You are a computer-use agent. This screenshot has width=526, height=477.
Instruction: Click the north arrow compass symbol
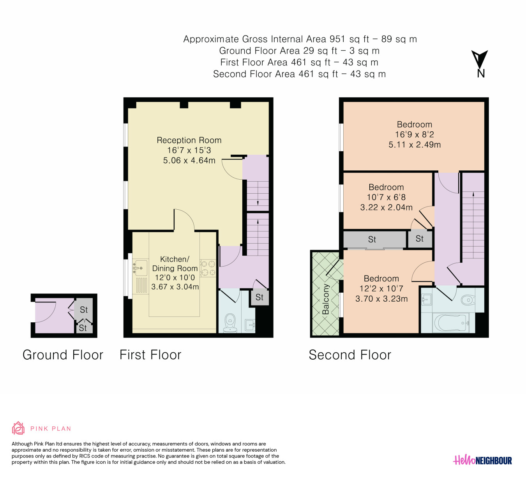coord(480,64)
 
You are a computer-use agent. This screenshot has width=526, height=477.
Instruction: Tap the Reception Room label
coord(189,140)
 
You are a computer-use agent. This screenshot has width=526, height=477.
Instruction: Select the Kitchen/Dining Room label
coord(175,264)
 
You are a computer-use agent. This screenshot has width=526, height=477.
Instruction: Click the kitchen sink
coord(141,268)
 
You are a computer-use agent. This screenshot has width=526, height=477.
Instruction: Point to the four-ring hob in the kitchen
coord(208,268)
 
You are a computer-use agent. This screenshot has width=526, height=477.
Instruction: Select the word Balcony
coord(326,299)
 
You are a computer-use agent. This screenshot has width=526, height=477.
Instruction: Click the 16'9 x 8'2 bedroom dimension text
coord(415,134)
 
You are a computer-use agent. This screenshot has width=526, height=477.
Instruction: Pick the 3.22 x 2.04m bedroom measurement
coord(386,207)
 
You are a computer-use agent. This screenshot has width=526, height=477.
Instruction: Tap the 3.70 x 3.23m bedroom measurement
coord(381,299)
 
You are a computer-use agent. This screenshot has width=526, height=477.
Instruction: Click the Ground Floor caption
coord(63,355)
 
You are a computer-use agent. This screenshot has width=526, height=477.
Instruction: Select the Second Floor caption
coord(350,355)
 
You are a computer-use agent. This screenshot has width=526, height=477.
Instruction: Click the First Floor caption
coord(150,355)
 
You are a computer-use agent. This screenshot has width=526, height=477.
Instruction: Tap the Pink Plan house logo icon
coord(18,428)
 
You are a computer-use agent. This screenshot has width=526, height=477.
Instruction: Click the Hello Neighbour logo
coord(482,460)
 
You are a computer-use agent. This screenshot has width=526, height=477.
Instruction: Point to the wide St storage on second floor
coord(374,239)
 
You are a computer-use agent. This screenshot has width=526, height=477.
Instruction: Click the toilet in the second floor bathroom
coord(468,300)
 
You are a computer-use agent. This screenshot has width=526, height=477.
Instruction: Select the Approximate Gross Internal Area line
coord(300,39)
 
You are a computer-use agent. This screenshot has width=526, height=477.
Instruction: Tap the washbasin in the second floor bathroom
coord(426,299)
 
